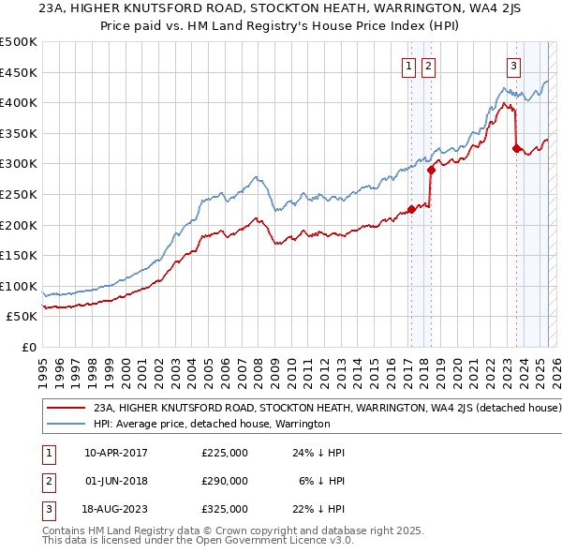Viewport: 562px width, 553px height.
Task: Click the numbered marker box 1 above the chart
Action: pyautogui.click(x=409, y=66)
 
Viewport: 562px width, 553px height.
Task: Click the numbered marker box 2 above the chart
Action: pyautogui.click(x=428, y=66)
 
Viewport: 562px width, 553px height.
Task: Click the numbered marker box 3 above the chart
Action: pyautogui.click(x=514, y=66)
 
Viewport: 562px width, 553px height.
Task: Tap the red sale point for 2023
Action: pyautogui.click(x=516, y=148)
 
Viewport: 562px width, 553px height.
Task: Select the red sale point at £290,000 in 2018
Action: pyautogui.click(x=431, y=170)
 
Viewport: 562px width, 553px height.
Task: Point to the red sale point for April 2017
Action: pyautogui.click(x=411, y=210)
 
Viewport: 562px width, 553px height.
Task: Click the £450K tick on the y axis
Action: pyautogui.click(x=19, y=72)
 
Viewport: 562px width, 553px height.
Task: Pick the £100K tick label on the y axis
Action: pyautogui.click(x=19, y=286)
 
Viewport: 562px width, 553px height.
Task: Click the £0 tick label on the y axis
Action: pyautogui.click(x=29, y=348)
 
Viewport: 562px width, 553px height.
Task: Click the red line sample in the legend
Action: pyautogui.click(x=66, y=409)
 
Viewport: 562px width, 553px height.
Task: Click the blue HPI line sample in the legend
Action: pyautogui.click(x=66, y=424)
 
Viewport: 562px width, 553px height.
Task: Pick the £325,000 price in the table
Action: pyautogui.click(x=224, y=509)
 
